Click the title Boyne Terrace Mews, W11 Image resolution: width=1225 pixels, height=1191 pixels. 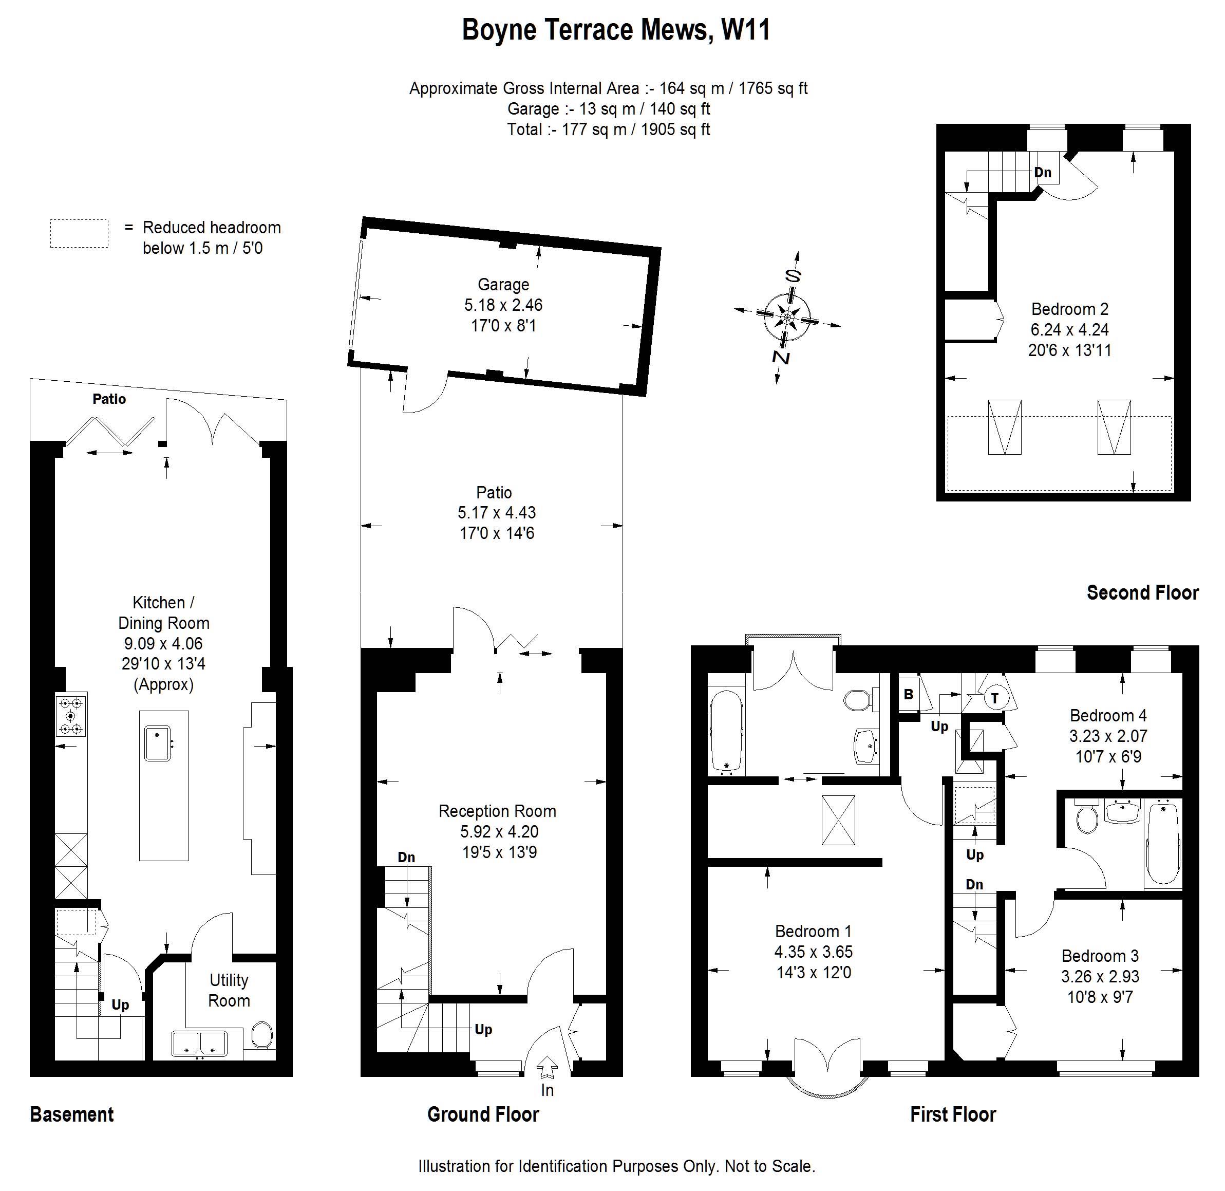(x=616, y=29)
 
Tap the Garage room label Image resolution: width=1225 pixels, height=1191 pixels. (x=503, y=285)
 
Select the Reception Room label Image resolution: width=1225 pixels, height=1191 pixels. (x=497, y=811)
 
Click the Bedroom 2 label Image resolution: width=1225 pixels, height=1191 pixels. (x=1069, y=309)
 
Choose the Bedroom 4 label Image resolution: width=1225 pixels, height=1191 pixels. (x=1108, y=716)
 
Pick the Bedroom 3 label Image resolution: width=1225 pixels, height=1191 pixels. (x=1100, y=956)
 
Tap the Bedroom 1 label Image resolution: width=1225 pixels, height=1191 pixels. (x=813, y=932)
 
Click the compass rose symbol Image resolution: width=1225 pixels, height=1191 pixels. (x=787, y=318)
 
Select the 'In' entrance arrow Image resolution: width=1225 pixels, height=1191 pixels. (x=547, y=1067)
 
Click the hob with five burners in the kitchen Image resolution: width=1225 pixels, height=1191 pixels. (x=71, y=715)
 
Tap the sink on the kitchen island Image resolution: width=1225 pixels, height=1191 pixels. (x=158, y=743)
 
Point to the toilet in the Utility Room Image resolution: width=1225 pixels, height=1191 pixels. (x=262, y=1036)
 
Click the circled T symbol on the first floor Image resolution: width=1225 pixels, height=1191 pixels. (x=995, y=697)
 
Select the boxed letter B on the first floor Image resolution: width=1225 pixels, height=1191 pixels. (x=909, y=694)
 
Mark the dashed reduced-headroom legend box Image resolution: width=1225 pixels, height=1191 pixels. (x=79, y=233)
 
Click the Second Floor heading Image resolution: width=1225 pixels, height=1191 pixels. (x=1142, y=592)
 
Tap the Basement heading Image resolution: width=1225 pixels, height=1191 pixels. (x=72, y=1114)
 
